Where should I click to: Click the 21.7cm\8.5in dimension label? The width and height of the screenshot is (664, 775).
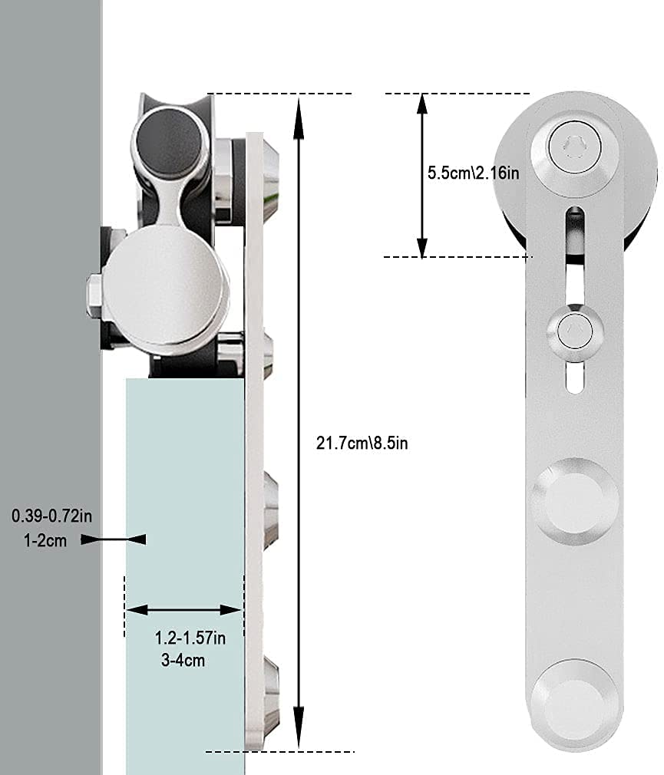click(x=362, y=443)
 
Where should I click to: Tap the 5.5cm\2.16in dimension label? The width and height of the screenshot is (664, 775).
click(x=473, y=173)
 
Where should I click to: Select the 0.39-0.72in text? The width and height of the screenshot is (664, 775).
click(x=51, y=516)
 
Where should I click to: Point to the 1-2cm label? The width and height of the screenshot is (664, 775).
click(x=45, y=540)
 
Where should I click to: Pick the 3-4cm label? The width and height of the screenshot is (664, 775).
click(x=183, y=660)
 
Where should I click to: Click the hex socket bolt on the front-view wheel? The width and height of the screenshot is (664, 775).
click(x=576, y=146)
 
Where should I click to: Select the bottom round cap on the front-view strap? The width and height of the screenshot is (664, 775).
click(x=572, y=701)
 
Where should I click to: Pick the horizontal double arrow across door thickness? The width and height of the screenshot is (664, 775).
click(x=184, y=610)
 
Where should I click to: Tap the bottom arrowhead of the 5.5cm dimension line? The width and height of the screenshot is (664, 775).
click(x=421, y=247)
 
